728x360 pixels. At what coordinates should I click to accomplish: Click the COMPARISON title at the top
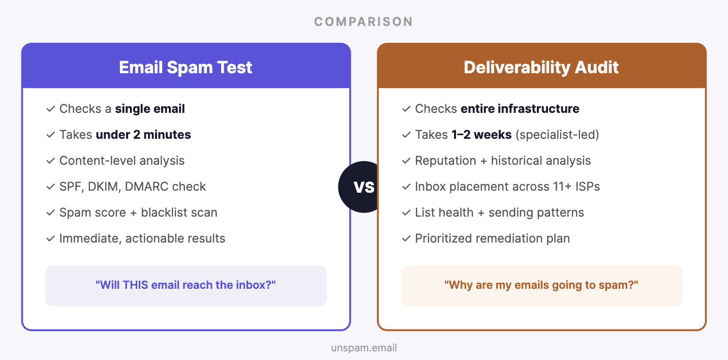[363, 22]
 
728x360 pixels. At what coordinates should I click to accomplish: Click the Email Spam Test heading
[186, 67]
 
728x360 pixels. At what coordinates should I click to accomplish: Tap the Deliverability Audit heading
[541, 67]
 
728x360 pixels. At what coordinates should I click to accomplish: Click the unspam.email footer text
[364, 348]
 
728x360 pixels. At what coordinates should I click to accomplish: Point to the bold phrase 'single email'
[150, 109]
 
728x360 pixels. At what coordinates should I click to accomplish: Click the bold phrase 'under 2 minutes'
[143, 135]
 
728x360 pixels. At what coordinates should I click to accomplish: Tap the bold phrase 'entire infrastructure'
[520, 109]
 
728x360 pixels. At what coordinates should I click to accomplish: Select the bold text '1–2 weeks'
[481, 135]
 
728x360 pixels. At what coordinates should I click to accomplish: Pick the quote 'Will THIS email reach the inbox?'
[186, 285]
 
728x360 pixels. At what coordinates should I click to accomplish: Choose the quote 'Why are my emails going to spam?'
[541, 285]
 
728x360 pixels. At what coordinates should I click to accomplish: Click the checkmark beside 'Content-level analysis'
[50, 161]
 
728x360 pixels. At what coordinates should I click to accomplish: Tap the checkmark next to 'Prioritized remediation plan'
[406, 238]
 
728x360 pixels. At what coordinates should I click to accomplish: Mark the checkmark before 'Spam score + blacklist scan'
[50, 213]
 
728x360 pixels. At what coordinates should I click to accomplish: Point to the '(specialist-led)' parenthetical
[557, 135]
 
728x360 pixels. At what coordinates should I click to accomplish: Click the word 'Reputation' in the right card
[445, 161]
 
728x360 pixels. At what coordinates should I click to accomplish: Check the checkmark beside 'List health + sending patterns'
[406, 213]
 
